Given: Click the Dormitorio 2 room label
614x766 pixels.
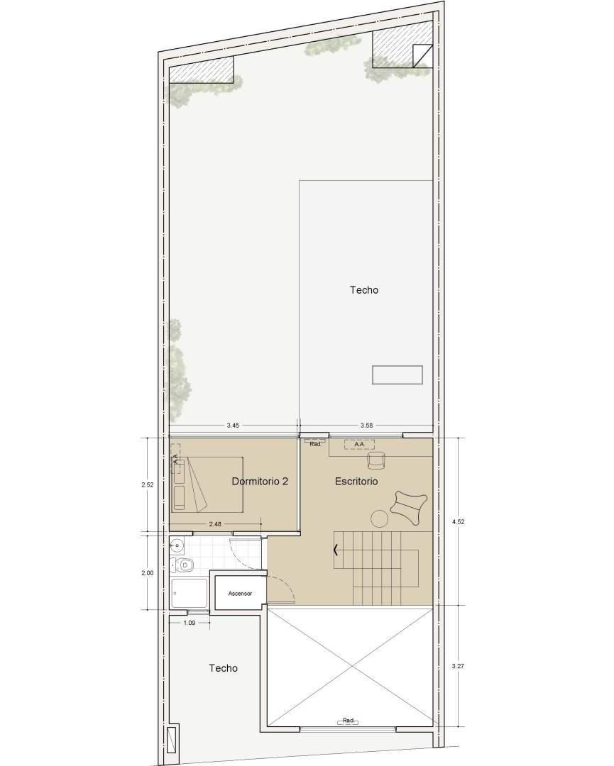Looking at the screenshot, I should pos(260,482).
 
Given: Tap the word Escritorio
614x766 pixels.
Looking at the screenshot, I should pos(356,482).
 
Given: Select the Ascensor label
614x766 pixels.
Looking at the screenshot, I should pos(240,593).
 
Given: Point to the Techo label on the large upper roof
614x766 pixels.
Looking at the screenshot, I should pos(363,290).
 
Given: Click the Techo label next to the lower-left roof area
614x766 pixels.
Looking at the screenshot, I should pos(223,668).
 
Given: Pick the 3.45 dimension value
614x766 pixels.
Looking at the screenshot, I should pos(233,426).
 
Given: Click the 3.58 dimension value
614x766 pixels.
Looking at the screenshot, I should pos(366,426).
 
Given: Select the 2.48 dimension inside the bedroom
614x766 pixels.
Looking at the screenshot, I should pos(214,524).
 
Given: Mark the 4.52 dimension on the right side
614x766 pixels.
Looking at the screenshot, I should pos(459,521).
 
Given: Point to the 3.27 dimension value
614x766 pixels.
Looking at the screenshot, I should pos(459,666).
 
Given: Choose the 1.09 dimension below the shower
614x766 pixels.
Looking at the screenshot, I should pos(190,623).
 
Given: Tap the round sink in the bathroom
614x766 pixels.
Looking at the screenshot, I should pos(177,545).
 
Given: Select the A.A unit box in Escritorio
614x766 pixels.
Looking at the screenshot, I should pos(359,445).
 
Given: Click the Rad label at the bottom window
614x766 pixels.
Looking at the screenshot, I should pos(348,721).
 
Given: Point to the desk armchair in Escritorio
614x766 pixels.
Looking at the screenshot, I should pos(375,461).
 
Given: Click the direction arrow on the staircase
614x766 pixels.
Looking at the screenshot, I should pos(336,548).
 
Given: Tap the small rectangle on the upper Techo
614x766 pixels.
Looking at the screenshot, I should pos(398,374).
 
